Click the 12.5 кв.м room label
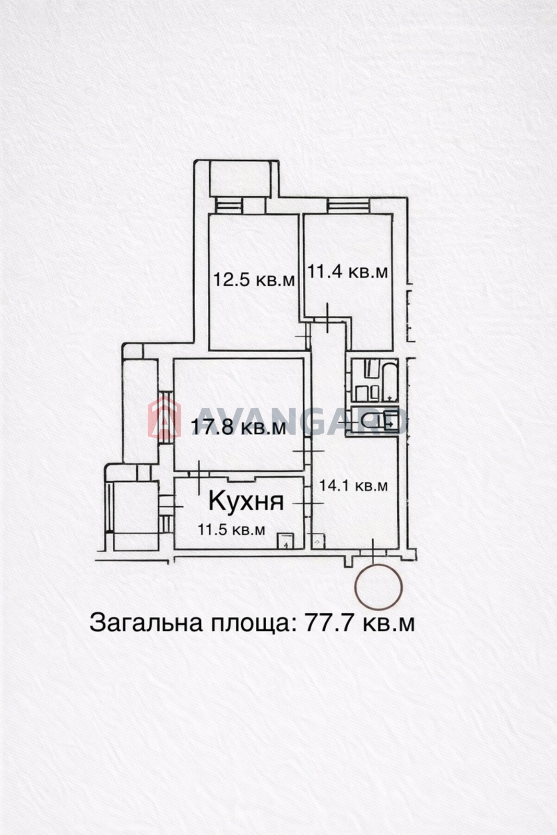click(254, 280)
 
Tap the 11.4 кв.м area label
click(348, 271)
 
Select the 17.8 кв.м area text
click(238, 427)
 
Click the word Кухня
click(246, 500)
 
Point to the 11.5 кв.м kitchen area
click(231, 530)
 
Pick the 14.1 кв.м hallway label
click(353, 486)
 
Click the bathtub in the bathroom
click(389, 379)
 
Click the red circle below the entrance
click(378, 587)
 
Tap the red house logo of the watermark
click(164, 416)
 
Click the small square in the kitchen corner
click(286, 541)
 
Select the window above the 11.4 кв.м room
click(349, 205)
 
